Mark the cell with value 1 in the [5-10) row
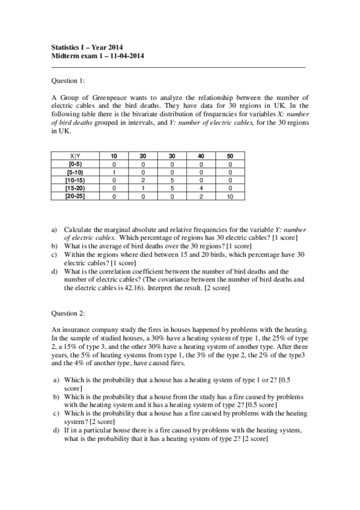[x=114, y=172]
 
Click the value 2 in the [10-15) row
[x=143, y=180]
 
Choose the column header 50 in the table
[x=230, y=156]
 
